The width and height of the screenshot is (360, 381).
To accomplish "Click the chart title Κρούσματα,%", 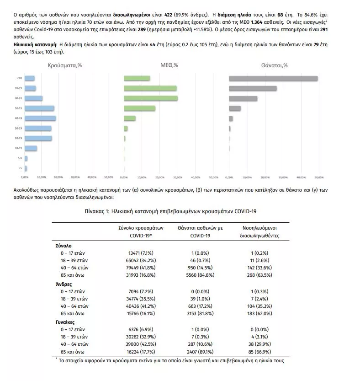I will [65, 66].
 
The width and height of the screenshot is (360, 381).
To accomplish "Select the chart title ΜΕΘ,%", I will [169, 66].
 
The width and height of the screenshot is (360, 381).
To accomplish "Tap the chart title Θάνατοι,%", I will [274, 66].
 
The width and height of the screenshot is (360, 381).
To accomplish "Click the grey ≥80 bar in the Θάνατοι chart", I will [273, 79].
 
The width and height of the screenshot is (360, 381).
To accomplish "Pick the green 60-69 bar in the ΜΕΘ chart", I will [151, 98].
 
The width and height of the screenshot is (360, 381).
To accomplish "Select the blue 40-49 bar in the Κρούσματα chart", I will [40, 118].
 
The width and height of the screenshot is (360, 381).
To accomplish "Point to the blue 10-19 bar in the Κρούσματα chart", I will [31, 148].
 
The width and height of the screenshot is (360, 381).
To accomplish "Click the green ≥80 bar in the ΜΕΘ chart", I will [137, 79].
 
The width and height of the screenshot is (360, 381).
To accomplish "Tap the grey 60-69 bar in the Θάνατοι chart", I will [243, 98].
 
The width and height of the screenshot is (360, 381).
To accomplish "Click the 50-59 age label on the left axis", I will [19, 108].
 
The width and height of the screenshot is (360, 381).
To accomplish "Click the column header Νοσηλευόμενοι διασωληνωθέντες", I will [259, 231].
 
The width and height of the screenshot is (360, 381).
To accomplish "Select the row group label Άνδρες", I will [64, 284].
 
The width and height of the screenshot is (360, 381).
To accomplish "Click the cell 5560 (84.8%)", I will [200, 275].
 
